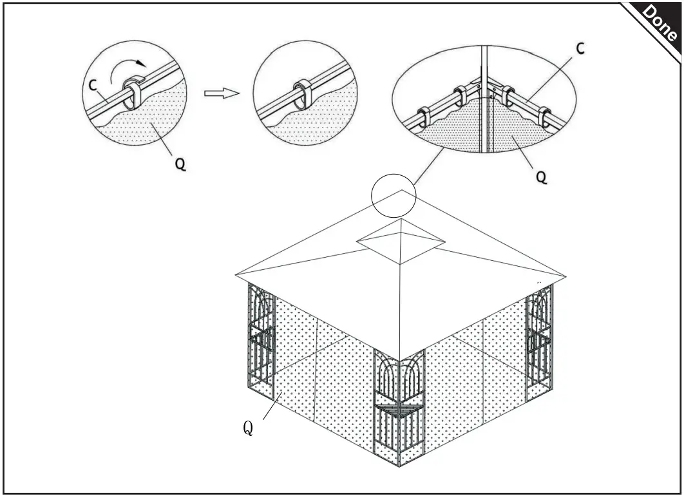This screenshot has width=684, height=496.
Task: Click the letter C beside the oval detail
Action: [580, 48]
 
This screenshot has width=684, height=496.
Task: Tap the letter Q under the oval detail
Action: [542, 176]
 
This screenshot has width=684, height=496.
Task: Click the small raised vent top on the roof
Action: [401, 240]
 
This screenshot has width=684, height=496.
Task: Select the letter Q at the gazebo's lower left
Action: [247, 428]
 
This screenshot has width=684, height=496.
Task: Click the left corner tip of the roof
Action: [238, 275]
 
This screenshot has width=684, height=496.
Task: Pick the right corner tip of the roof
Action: [565, 277]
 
